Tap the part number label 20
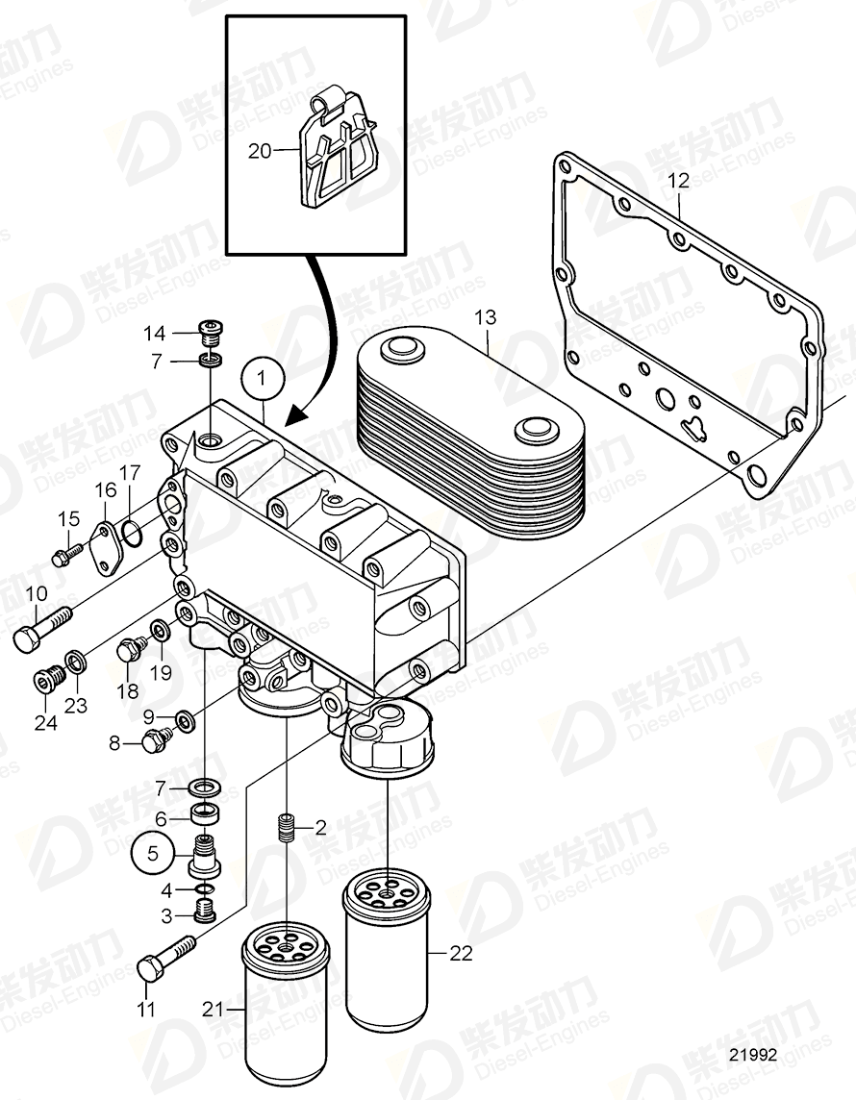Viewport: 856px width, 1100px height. tap(260, 150)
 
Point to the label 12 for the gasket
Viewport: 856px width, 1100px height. tap(679, 180)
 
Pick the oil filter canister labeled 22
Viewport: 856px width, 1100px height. tap(387, 948)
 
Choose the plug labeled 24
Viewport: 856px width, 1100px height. tap(45, 681)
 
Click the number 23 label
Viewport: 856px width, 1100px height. tap(76, 705)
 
